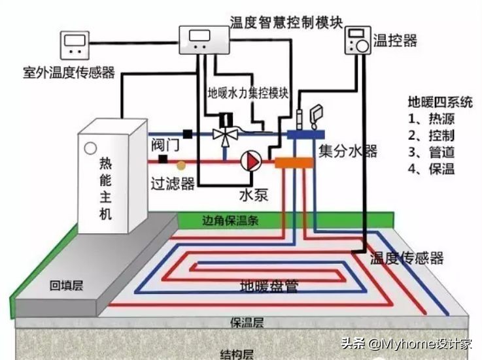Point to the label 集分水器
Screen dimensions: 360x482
(347, 152)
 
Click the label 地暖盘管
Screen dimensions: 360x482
(268, 286)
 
